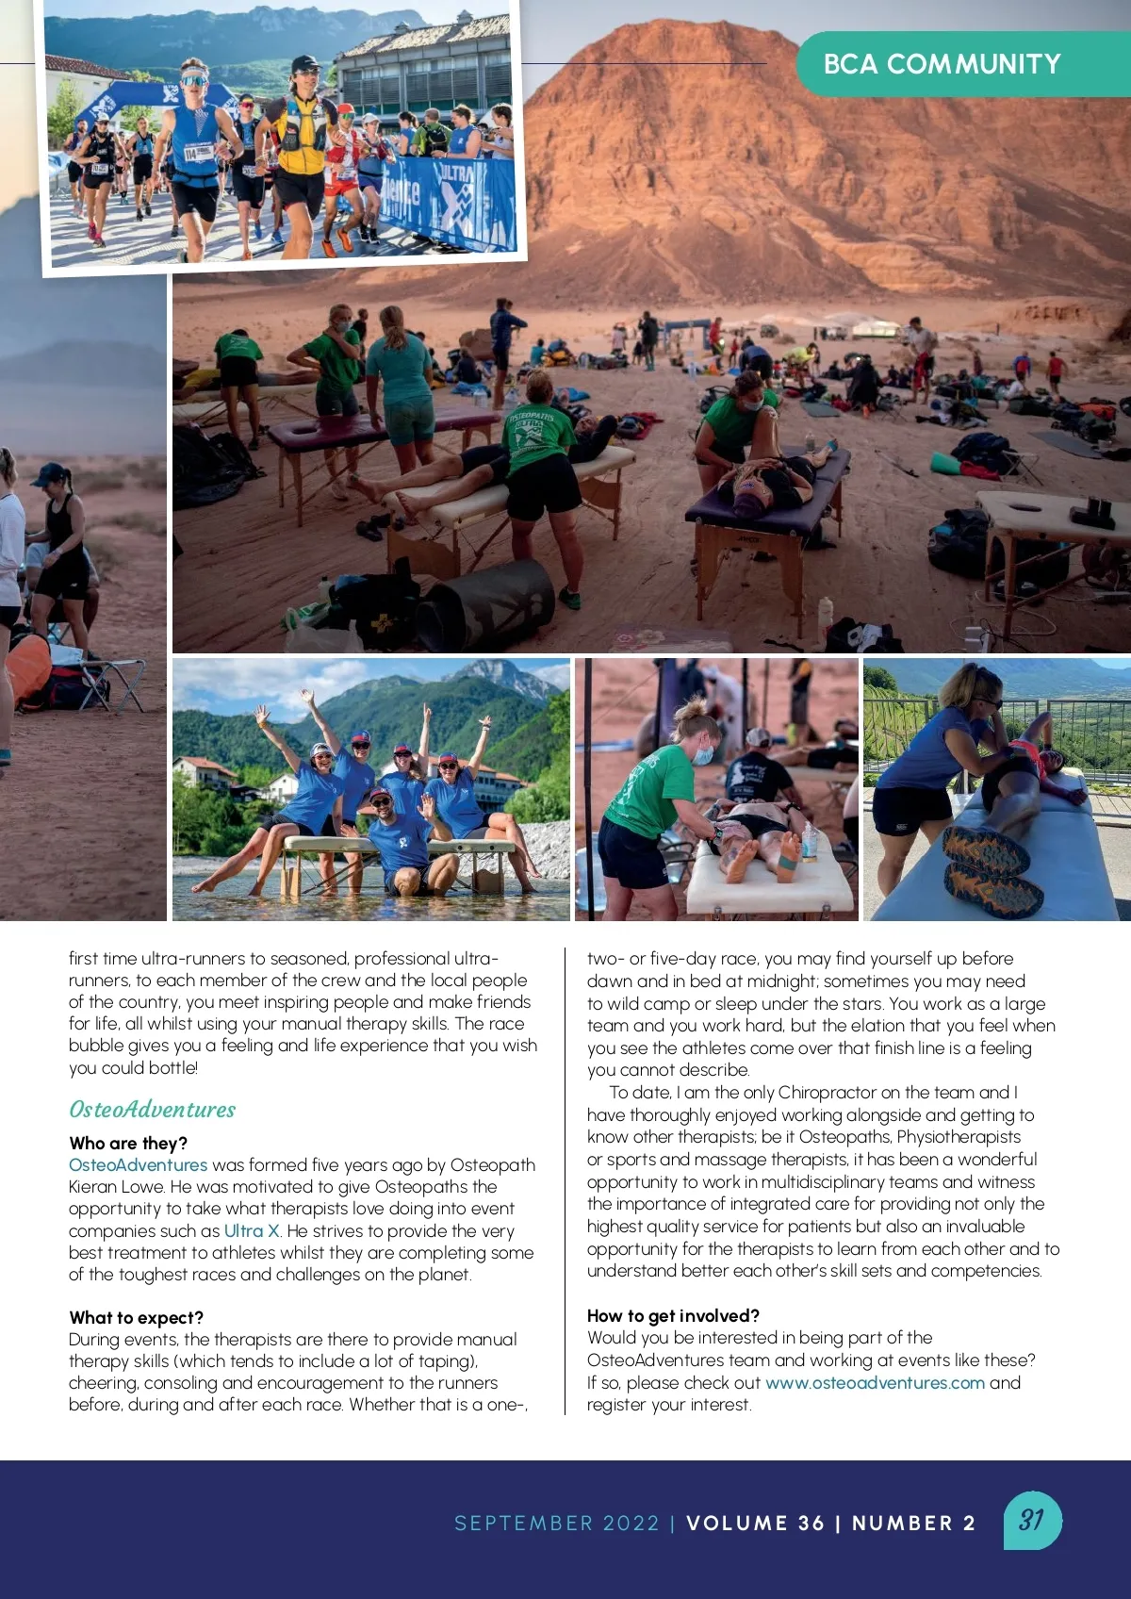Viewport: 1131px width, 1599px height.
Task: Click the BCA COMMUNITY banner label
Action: pos(942,64)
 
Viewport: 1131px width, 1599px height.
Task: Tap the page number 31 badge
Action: pos(1032,1520)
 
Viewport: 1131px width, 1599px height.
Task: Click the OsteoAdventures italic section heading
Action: pos(152,1109)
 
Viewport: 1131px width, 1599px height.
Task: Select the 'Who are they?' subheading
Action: pos(128,1143)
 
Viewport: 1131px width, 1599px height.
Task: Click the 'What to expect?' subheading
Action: pos(136,1317)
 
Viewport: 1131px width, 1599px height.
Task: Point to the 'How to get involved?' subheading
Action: pos(673,1315)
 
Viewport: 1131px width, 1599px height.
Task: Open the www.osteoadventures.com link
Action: pos(875,1382)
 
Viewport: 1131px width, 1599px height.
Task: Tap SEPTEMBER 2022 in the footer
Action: pos(557,1523)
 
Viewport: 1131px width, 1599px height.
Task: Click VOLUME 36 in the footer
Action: pos(755,1523)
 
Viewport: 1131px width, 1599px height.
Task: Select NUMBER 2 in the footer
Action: pos(913,1523)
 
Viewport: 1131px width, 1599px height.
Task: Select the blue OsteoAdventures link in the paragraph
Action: pos(138,1165)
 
